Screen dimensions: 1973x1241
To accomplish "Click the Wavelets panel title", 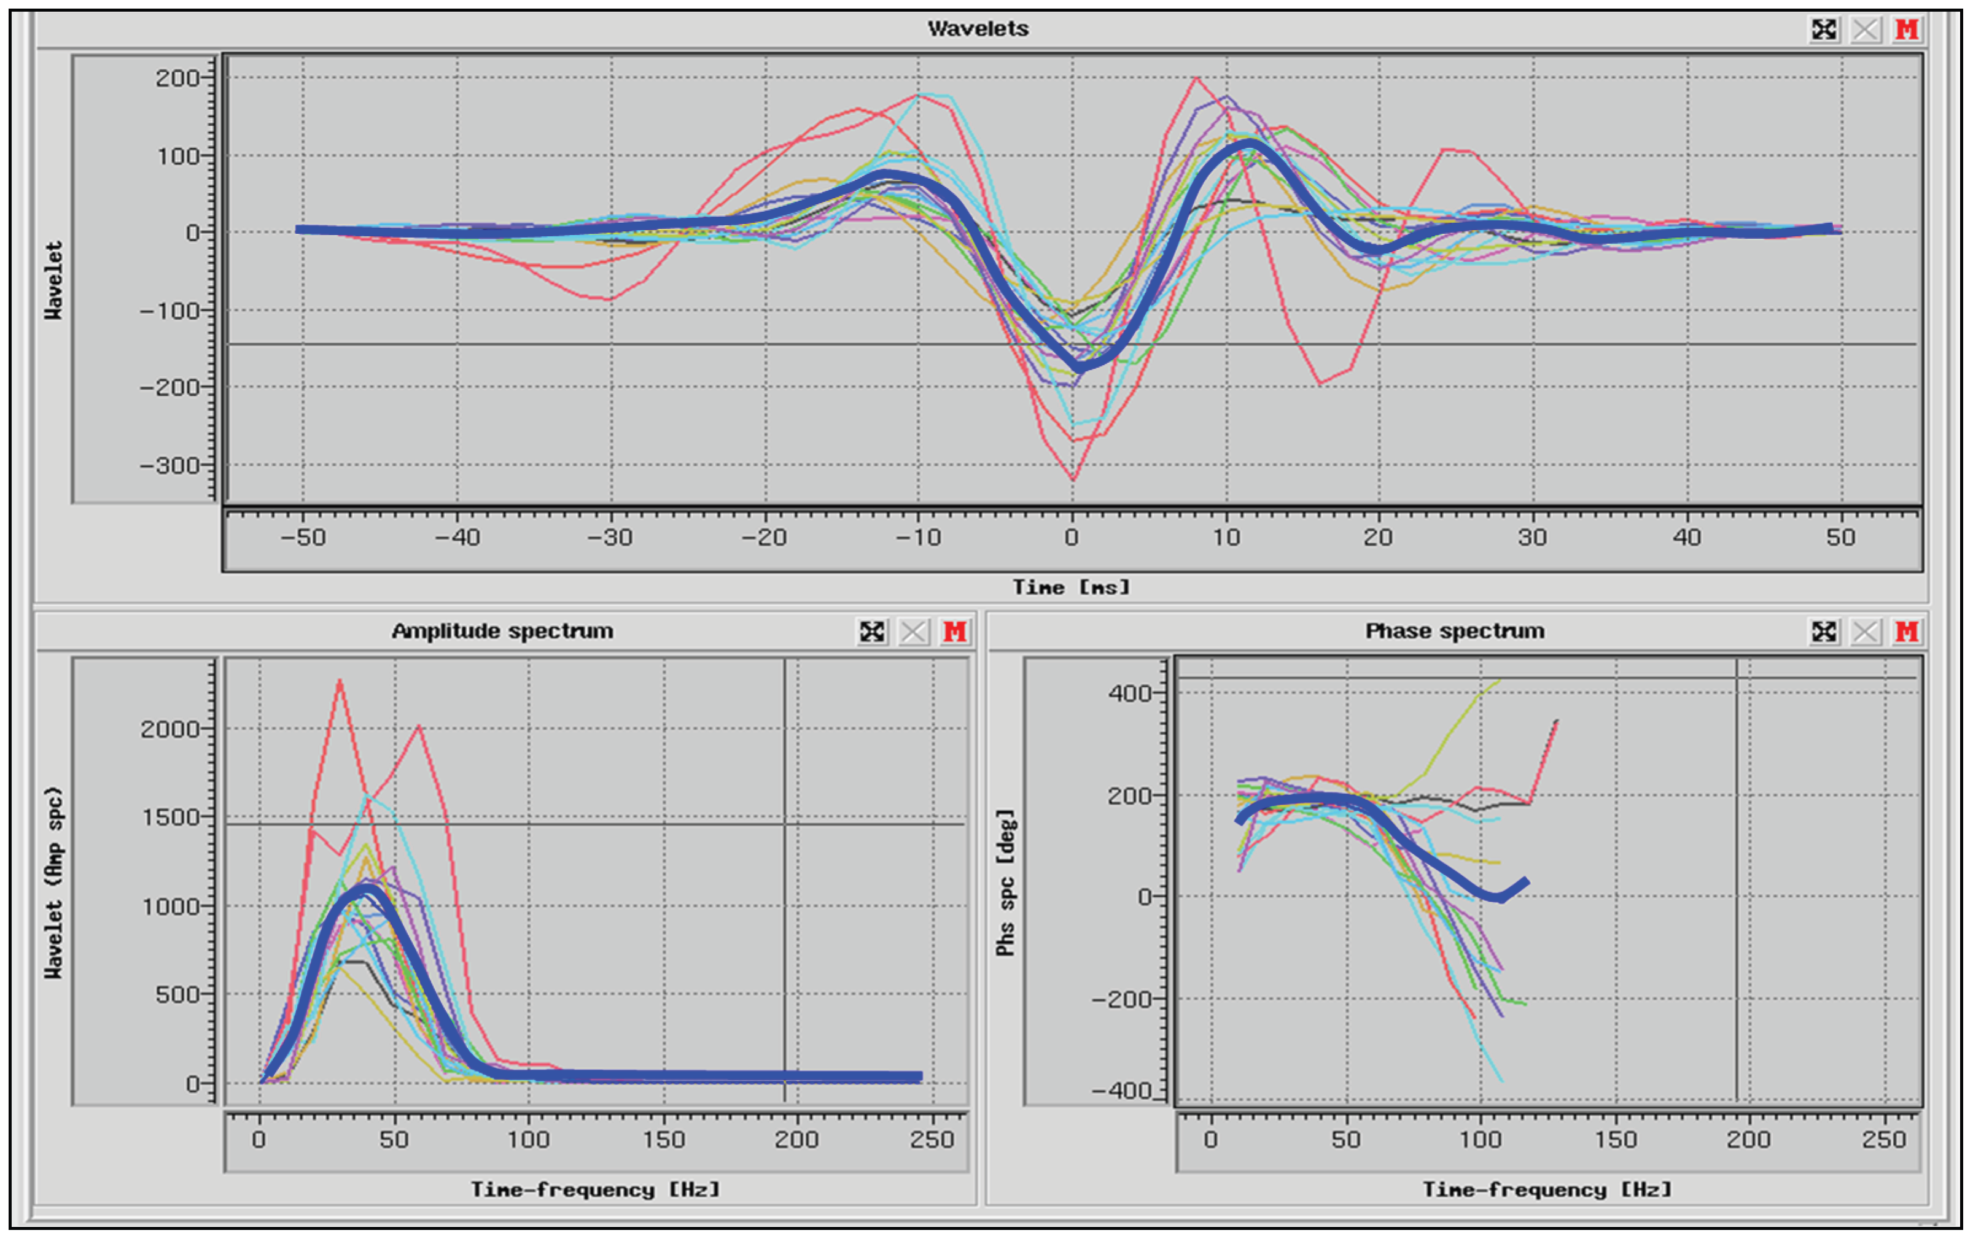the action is (x=978, y=29).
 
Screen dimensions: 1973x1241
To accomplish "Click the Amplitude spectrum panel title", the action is (x=502, y=631).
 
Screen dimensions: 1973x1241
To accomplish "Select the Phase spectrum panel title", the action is (x=1454, y=631).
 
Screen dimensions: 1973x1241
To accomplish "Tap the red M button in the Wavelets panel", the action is (x=1907, y=29).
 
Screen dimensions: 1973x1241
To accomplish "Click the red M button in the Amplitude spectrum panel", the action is (x=954, y=632).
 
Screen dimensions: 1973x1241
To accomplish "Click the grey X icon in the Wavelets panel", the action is (x=1866, y=29).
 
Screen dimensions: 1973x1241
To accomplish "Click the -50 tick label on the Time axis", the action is (x=303, y=538).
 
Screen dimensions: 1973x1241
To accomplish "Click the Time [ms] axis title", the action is (x=1071, y=587).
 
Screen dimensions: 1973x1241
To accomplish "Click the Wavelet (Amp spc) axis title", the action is (x=54, y=881).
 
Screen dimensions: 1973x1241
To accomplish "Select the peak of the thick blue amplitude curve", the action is (x=365, y=889).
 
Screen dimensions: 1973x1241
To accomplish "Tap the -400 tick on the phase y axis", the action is (x=1122, y=1090).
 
